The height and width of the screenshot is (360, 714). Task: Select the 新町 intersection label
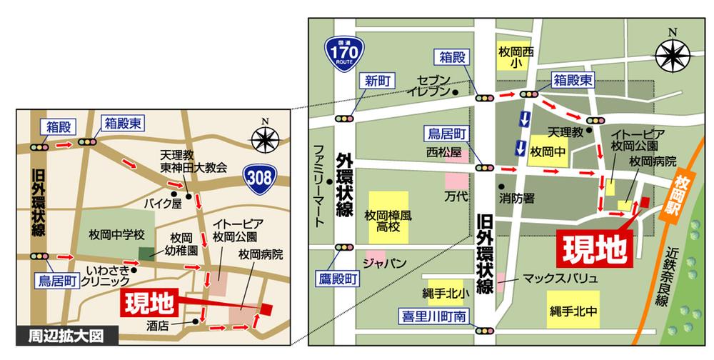coord(376,80)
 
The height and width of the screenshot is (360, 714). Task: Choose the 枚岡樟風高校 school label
coord(388,222)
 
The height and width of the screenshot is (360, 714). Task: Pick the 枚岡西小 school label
coord(516,58)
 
